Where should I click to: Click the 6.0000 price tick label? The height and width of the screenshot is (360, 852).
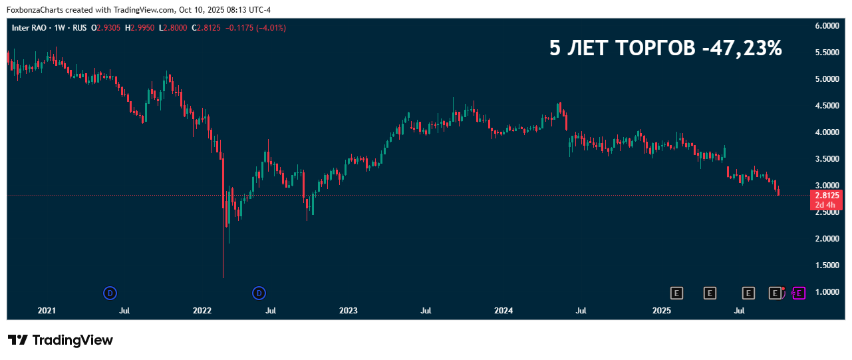(827, 26)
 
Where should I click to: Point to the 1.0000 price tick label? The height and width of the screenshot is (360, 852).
(827, 292)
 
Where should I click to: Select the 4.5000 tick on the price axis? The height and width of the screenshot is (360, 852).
(827, 106)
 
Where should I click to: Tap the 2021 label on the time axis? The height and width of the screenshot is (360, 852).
(47, 311)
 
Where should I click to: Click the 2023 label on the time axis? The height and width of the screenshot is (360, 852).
(348, 311)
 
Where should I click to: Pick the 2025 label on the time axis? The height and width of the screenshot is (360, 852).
(661, 311)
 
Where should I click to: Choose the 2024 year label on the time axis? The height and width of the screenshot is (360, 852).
(503, 311)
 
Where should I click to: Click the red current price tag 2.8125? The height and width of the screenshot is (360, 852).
(826, 196)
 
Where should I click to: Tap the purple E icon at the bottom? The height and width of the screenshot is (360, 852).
(799, 293)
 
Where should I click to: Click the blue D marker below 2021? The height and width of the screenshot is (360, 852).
(110, 293)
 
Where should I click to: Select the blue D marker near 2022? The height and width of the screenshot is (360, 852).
(259, 293)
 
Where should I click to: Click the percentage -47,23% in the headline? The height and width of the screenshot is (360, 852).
(742, 48)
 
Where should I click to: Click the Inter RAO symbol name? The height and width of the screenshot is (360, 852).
(30, 28)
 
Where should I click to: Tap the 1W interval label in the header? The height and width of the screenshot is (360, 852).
(61, 28)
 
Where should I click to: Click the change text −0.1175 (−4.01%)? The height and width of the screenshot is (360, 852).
(256, 28)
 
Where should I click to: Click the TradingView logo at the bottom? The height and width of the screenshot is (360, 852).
(61, 340)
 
